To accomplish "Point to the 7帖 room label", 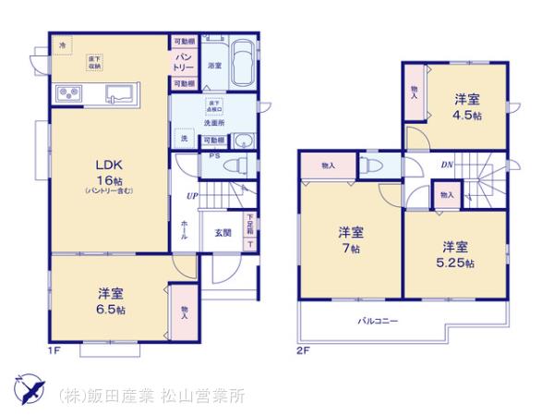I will [350, 240].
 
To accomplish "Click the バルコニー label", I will [379, 323].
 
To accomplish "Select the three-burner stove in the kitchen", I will [71, 92].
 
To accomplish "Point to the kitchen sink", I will [122, 92].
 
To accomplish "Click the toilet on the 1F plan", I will [238, 165].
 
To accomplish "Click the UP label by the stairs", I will [192, 196].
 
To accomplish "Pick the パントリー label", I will [183, 63].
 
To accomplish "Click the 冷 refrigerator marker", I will [63, 46].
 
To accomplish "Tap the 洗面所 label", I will [215, 122].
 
